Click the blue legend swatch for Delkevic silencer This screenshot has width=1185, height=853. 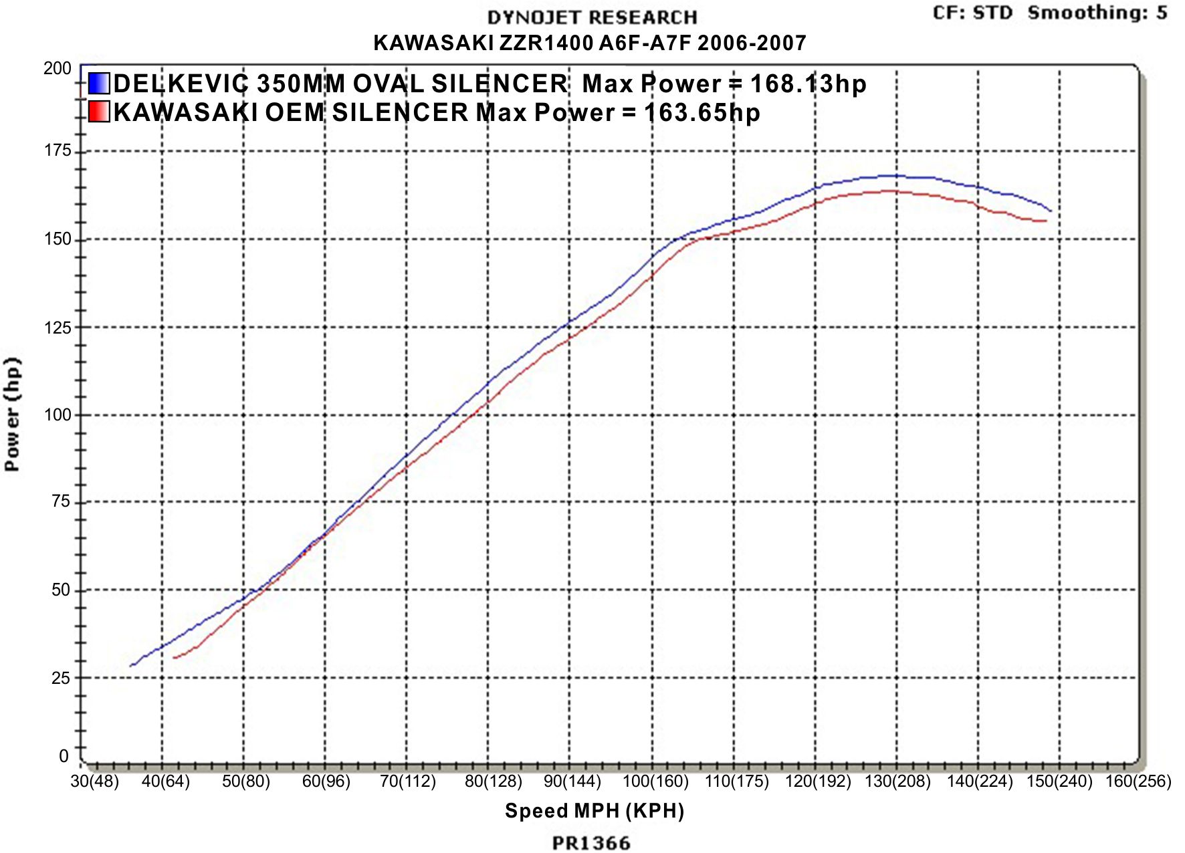pyautogui.click(x=98, y=83)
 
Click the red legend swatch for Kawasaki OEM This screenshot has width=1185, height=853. pyautogui.click(x=98, y=111)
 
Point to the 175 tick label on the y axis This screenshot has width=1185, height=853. pyautogui.click(x=58, y=150)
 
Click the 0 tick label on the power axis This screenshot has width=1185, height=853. pyautogui.click(x=64, y=756)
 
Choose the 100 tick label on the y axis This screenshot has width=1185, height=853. pyautogui.click(x=58, y=414)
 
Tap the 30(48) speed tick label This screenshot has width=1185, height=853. pyautogui.click(x=94, y=781)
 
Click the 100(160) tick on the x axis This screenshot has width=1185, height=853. pyautogui.click(x=655, y=781)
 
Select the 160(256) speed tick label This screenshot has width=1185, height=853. pyautogui.click(x=1138, y=781)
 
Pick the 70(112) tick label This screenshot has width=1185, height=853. pyautogui.click(x=408, y=781)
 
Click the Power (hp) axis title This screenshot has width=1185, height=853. pyautogui.click(x=13, y=414)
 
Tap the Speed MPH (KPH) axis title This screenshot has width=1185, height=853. pyautogui.click(x=595, y=811)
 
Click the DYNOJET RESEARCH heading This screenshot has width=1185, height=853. pyautogui.click(x=592, y=17)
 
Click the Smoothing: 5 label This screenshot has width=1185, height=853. pyautogui.click(x=1097, y=13)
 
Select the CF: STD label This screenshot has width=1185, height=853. pyautogui.click(x=972, y=13)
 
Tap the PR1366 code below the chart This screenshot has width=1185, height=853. pyautogui.click(x=592, y=843)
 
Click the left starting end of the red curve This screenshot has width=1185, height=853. pyautogui.click(x=173, y=658)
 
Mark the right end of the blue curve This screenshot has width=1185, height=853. pyautogui.click(x=1051, y=211)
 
